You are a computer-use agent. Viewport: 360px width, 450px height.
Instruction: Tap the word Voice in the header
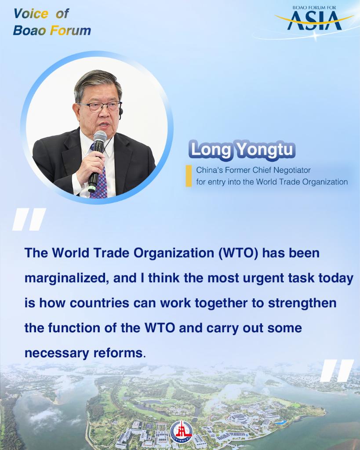coord(31,14)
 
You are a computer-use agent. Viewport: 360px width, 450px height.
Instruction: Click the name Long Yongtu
coord(242,150)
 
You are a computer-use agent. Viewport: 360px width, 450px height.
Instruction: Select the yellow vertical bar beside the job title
coord(189,176)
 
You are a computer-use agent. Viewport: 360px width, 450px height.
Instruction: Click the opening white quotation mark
coord(29,219)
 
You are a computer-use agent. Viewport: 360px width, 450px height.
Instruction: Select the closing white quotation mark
coord(337,370)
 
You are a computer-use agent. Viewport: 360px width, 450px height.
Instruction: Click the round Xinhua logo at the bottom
coord(181,432)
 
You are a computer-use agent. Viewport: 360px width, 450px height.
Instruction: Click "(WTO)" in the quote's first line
coord(238,254)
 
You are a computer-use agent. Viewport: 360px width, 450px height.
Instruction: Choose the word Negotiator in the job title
coord(292,170)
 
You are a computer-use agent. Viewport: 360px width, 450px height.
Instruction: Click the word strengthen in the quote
coord(302,303)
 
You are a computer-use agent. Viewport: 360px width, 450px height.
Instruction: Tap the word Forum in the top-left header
coord(70,30)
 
